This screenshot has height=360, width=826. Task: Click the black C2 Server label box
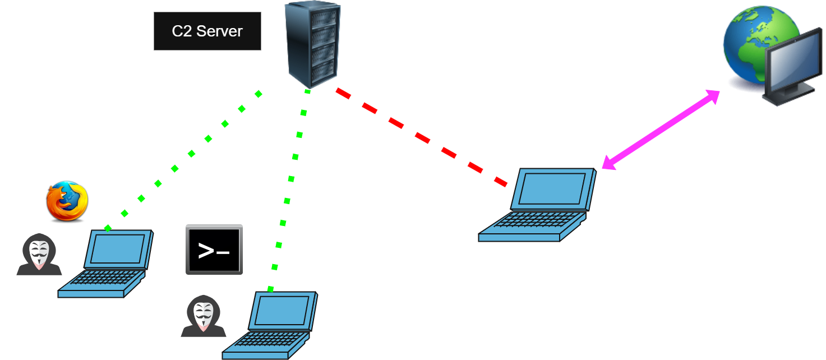[x=207, y=31]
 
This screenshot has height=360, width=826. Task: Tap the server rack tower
[x=313, y=45]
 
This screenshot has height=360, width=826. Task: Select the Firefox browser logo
[x=67, y=201]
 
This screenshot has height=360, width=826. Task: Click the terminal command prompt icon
[x=214, y=250]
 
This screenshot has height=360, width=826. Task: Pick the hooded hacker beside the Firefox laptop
[x=39, y=254]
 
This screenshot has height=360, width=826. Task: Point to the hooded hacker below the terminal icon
[x=204, y=316]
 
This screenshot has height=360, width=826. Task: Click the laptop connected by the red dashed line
[x=537, y=205]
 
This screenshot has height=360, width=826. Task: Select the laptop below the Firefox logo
[x=105, y=264]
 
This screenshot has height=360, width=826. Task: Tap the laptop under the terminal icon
[x=270, y=325]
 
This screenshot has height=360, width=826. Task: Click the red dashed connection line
[x=422, y=137]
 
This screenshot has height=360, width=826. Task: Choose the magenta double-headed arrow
[x=661, y=130]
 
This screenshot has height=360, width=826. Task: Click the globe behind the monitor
[x=760, y=45]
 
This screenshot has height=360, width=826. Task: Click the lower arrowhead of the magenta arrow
[x=609, y=163]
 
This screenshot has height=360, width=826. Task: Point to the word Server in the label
[x=219, y=31]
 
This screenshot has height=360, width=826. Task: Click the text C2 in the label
[x=182, y=31]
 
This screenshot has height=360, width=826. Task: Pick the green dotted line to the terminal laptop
[x=289, y=190]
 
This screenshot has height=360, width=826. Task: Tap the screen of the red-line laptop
[x=552, y=188]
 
